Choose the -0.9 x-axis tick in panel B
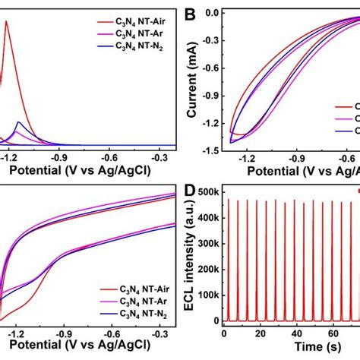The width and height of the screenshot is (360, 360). pos(295,156)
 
